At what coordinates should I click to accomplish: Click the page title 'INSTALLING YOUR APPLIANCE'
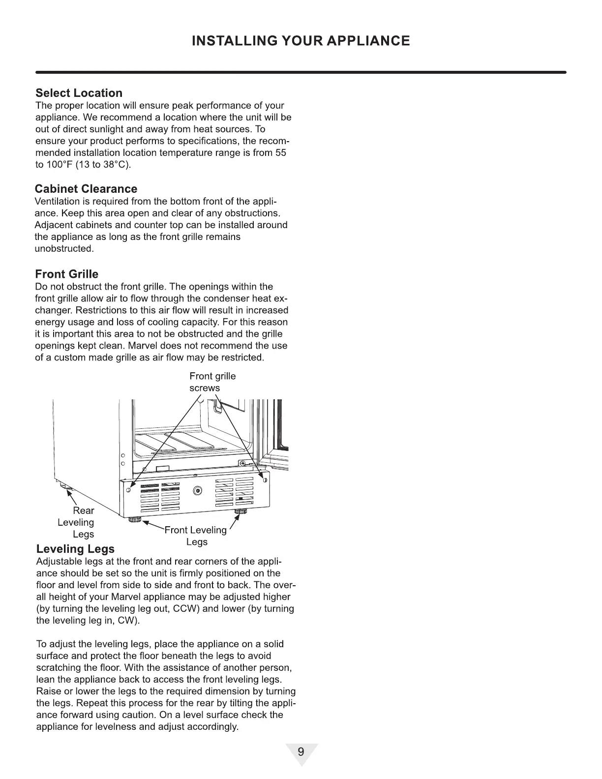(x=301, y=40)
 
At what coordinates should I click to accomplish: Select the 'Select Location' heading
(x=79, y=93)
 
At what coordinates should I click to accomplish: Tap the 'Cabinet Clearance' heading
(x=86, y=189)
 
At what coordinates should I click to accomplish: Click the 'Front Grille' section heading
(x=66, y=274)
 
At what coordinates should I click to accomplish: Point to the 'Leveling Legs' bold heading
(x=75, y=549)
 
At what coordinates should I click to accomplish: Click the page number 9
(x=301, y=752)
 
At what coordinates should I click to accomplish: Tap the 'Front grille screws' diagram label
(x=212, y=382)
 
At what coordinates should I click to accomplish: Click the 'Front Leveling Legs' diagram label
(x=196, y=536)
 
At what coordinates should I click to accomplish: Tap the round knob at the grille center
(x=198, y=490)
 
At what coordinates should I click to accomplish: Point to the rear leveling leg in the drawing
(x=64, y=487)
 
